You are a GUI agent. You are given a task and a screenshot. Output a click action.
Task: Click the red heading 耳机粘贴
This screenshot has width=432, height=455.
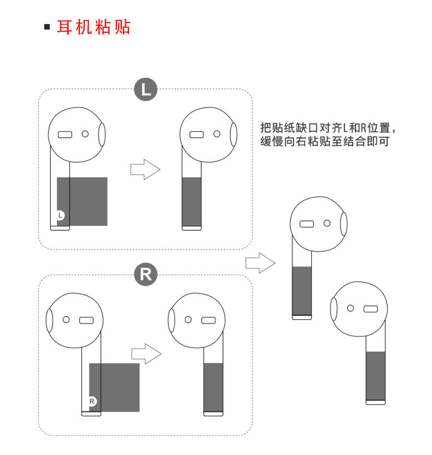pos(94,27)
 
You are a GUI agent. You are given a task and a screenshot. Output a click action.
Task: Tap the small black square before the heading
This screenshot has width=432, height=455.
pos(47,27)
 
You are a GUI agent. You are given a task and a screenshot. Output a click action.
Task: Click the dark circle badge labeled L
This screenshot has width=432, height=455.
pos(145,90)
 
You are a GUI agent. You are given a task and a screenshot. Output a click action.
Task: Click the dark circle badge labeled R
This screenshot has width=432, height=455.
pos(145,275)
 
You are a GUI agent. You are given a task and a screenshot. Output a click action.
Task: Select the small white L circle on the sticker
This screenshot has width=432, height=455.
pos(61,215)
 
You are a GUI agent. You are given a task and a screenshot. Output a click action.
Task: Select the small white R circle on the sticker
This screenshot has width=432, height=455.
pos(92,401)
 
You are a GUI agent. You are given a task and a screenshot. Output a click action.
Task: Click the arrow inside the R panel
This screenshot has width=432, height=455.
pos(146,354)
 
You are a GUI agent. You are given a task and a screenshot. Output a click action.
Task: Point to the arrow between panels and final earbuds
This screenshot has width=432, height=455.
pos(260,263)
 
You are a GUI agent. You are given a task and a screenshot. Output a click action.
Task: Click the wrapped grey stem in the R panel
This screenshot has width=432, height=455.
pos(213,387)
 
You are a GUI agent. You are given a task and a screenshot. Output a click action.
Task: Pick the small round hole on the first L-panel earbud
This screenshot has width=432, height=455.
pos(85,133)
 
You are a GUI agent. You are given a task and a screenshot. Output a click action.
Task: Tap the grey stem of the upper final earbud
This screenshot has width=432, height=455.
pos(302,291)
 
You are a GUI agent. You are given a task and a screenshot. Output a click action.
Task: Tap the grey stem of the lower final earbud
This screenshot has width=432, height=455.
pos(375,376)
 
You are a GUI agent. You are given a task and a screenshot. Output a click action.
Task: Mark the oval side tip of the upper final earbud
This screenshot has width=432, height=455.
pos(343,224)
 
